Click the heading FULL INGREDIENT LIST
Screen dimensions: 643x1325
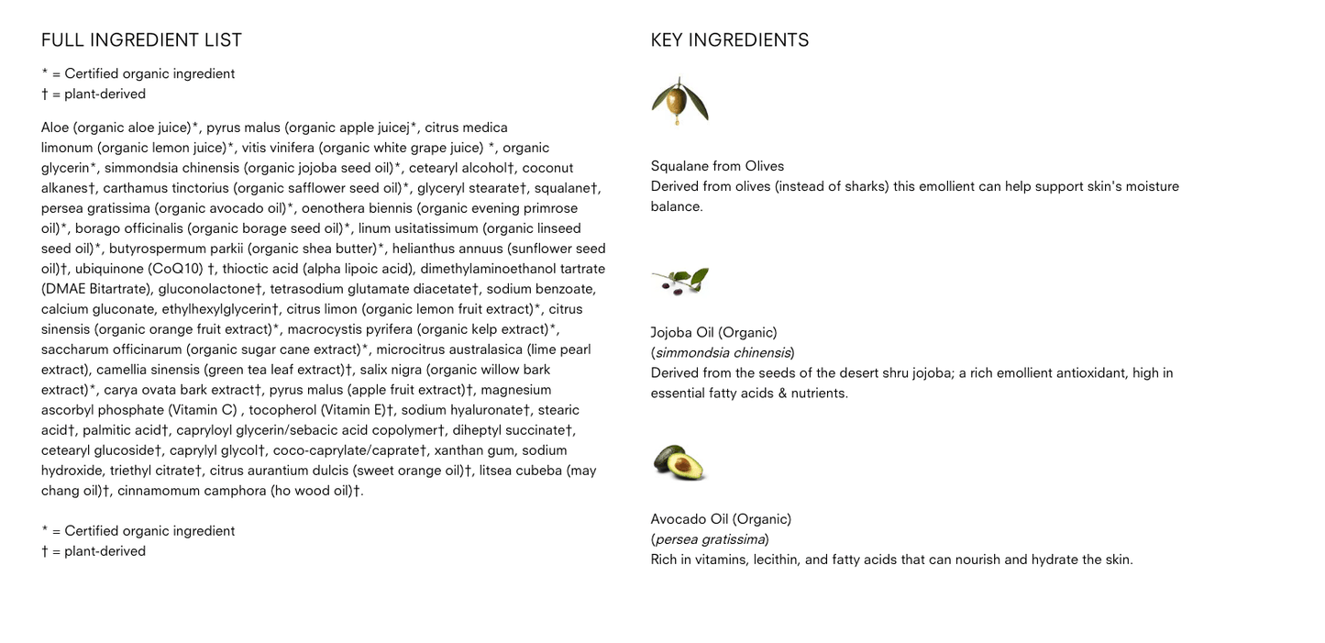[x=141, y=40]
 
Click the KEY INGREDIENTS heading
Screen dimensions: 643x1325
[x=730, y=40]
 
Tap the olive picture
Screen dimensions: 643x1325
[x=679, y=100]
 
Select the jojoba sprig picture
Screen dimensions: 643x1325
[x=680, y=281]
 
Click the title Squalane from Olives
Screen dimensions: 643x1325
[x=717, y=166]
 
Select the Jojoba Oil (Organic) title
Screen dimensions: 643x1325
[x=713, y=333]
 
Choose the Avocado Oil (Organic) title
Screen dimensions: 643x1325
[x=721, y=519]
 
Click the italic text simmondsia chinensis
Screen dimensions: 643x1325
[x=723, y=353]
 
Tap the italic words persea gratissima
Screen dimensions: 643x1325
[x=710, y=539]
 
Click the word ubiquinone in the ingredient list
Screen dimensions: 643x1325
[x=109, y=269]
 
